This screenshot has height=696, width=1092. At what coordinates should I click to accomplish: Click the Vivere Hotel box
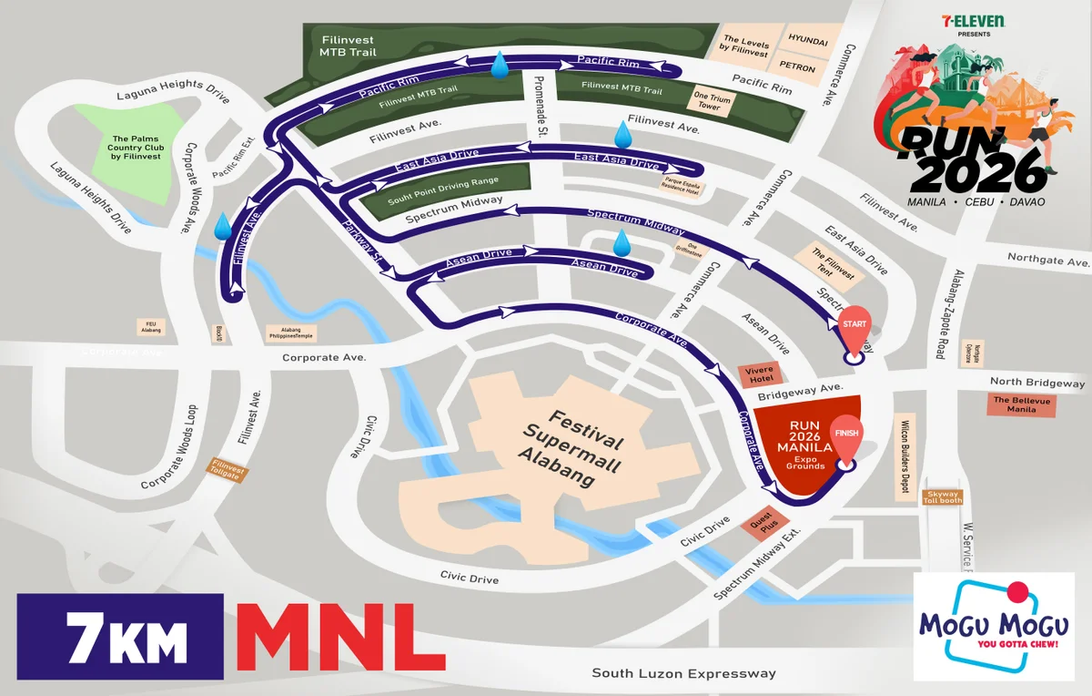755,375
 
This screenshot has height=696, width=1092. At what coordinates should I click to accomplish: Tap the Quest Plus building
762,525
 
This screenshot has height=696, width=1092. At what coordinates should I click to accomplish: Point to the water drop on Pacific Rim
499,66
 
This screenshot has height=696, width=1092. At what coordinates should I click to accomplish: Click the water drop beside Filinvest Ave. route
222,226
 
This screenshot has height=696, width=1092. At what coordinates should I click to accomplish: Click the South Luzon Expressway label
683,673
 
